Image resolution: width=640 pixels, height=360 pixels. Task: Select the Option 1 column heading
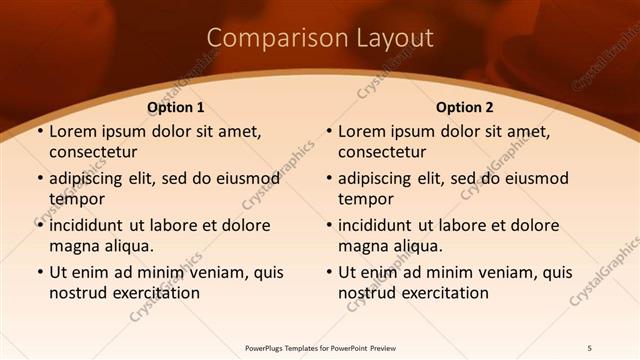176,107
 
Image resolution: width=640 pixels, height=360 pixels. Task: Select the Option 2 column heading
465,107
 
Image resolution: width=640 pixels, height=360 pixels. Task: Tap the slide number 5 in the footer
590,347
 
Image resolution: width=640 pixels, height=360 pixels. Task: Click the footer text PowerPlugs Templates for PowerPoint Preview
320,347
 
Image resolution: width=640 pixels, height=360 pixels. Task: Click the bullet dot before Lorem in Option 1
39,132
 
